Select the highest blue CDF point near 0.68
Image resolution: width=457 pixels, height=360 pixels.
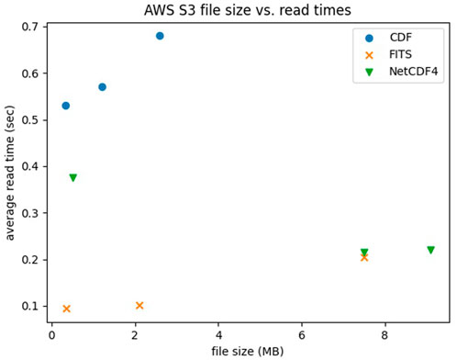[x=160, y=36]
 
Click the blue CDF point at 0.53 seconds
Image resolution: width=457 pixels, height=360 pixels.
[x=65, y=106]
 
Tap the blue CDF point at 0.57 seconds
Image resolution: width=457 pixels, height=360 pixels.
[x=102, y=87]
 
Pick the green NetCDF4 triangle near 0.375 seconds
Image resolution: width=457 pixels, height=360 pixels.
[x=72, y=178]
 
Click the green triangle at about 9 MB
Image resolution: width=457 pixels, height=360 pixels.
[x=430, y=250]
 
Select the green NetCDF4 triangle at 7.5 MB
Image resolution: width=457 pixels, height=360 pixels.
[x=364, y=253]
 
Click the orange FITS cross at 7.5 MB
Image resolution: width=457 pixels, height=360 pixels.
[x=364, y=258]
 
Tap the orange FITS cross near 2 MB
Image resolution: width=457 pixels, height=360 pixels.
[x=139, y=306]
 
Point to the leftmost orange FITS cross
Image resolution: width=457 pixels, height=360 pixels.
[x=66, y=309]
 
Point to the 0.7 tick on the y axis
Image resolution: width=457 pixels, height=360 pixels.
[x=31, y=27]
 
